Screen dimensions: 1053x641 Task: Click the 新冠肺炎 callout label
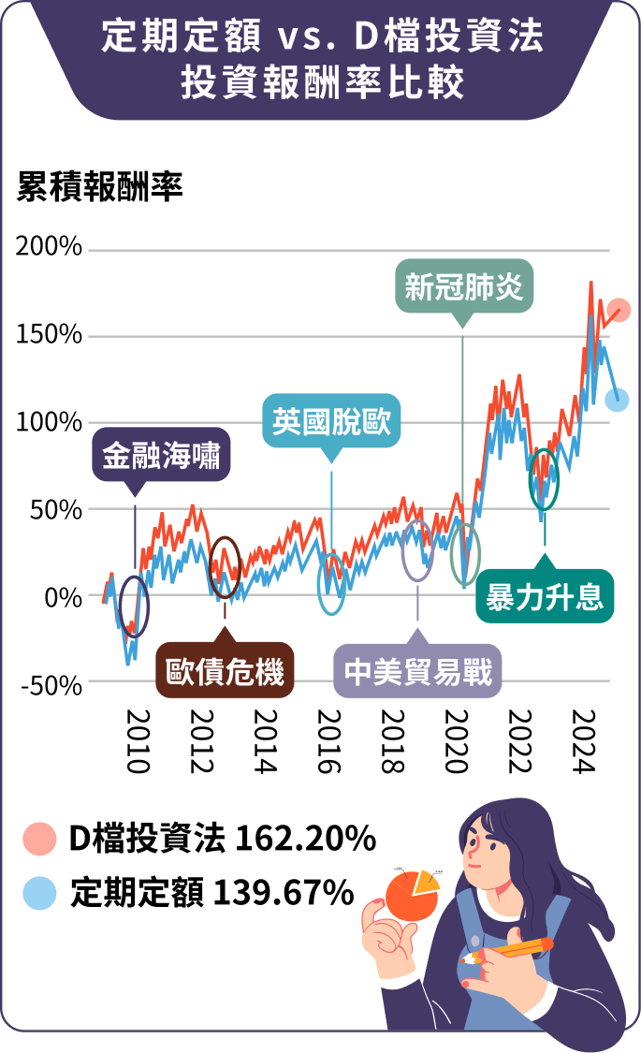pyautogui.click(x=463, y=286)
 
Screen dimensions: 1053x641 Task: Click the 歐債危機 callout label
pyautogui.click(x=225, y=671)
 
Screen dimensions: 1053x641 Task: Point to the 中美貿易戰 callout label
pyautogui.click(x=417, y=671)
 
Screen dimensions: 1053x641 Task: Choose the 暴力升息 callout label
pyautogui.click(x=545, y=595)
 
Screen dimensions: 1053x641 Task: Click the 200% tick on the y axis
pyautogui.click(x=50, y=249)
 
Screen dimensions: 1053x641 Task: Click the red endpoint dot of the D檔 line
pyautogui.click(x=619, y=310)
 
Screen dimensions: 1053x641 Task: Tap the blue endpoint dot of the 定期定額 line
pyautogui.click(x=617, y=400)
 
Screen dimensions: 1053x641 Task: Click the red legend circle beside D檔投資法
pyautogui.click(x=40, y=839)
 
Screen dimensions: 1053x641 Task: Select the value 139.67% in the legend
pyautogui.click(x=284, y=893)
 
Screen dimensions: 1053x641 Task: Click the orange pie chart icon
pyautogui.click(x=412, y=894)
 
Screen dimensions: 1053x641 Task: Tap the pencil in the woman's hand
pyautogui.click(x=510, y=948)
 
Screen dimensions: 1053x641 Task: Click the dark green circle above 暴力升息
pyautogui.click(x=544, y=478)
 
